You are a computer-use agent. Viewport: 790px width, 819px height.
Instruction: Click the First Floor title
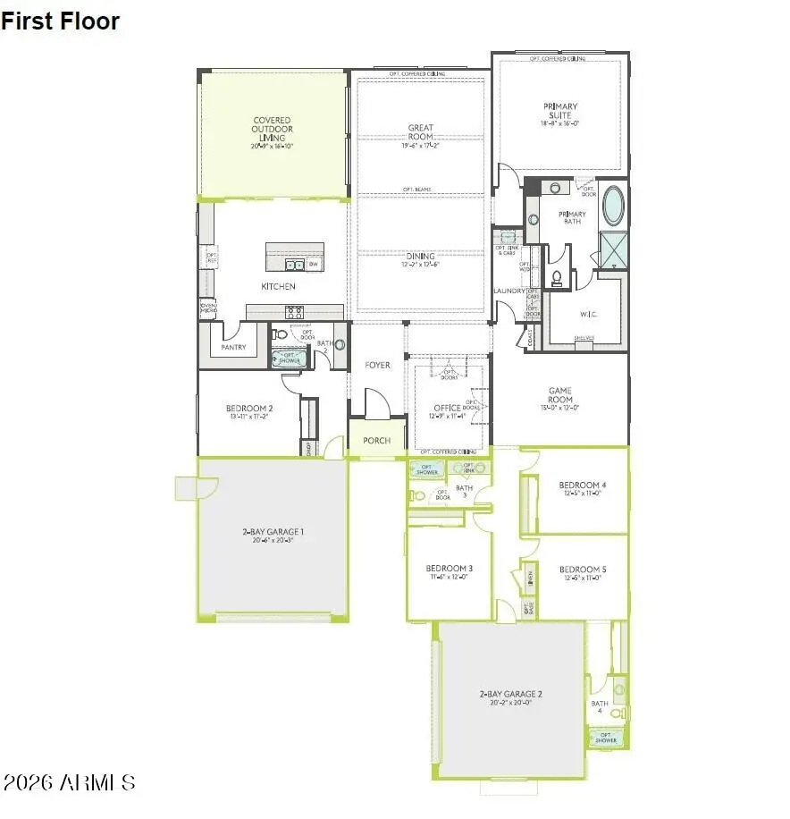[60, 21]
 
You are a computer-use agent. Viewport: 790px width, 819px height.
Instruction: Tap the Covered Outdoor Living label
[272, 130]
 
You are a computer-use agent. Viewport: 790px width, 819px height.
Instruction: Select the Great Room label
[420, 133]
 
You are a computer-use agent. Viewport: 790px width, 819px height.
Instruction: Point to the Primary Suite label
[560, 112]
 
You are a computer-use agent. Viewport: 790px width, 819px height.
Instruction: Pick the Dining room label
[420, 257]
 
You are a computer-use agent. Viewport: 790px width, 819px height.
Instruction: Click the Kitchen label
[278, 287]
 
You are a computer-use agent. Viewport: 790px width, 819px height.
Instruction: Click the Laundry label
[508, 291]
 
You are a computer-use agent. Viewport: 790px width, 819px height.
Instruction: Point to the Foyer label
[377, 366]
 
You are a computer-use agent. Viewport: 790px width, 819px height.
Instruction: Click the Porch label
[376, 441]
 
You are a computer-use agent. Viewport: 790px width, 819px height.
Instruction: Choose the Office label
[447, 409]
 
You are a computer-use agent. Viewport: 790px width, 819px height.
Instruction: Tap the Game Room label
[560, 396]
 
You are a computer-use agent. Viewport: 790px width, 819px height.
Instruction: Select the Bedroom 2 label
[250, 409]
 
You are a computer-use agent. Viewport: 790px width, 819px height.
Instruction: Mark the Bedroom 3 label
[449, 569]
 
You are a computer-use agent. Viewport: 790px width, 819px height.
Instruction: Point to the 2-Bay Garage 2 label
[511, 694]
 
